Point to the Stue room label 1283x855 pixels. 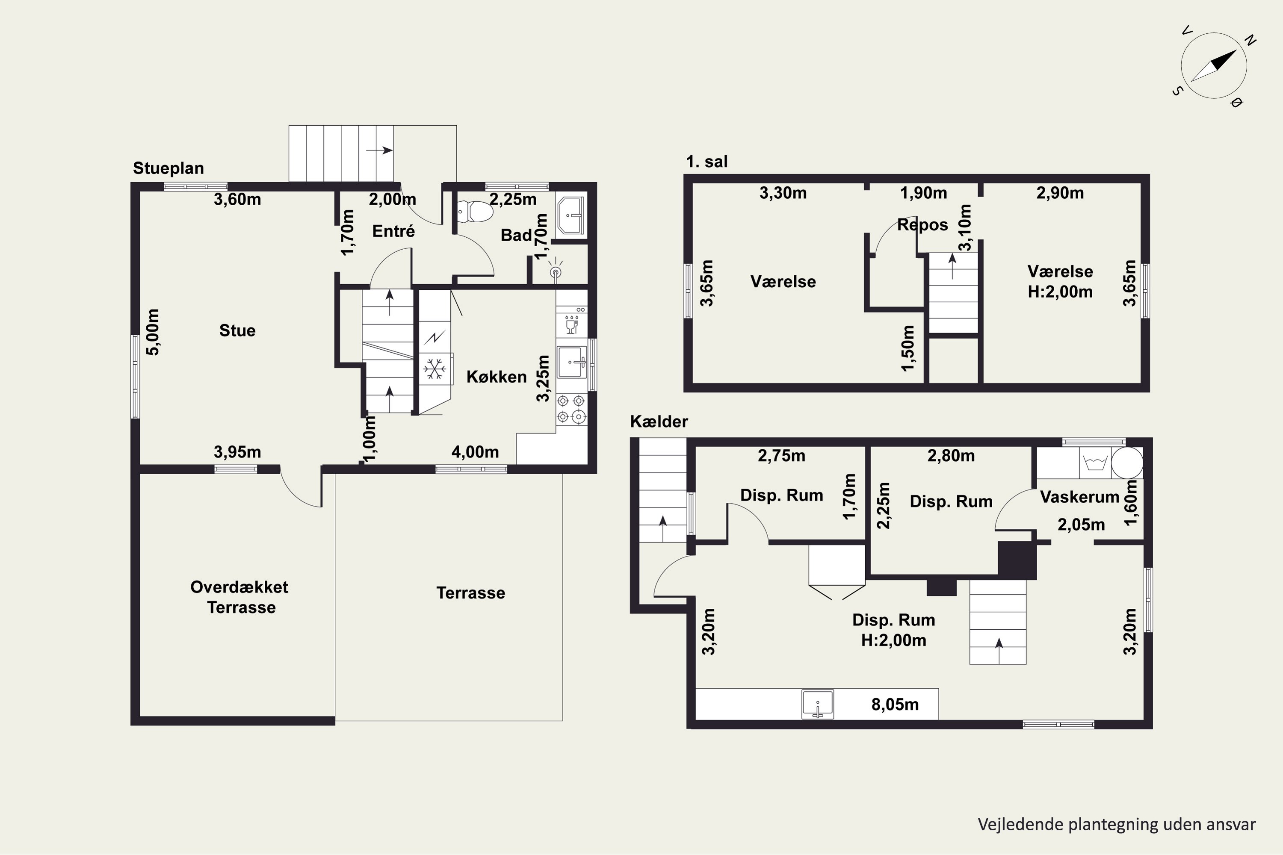[237, 330]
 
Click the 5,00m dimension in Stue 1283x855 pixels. [153, 332]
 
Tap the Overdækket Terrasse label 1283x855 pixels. [239, 597]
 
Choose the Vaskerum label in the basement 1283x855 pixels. [1079, 497]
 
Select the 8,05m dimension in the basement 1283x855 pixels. [895, 705]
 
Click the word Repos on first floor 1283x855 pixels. [922, 225]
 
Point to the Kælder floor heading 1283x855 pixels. [659, 421]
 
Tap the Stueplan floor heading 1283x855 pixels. [169, 168]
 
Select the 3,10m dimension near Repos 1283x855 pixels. [965, 227]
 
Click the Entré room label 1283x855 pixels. [393, 231]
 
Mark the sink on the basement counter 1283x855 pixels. [818, 705]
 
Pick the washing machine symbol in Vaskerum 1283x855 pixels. [1095, 463]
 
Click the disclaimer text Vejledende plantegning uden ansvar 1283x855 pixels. [1117, 824]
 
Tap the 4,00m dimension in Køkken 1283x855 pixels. [475, 452]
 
